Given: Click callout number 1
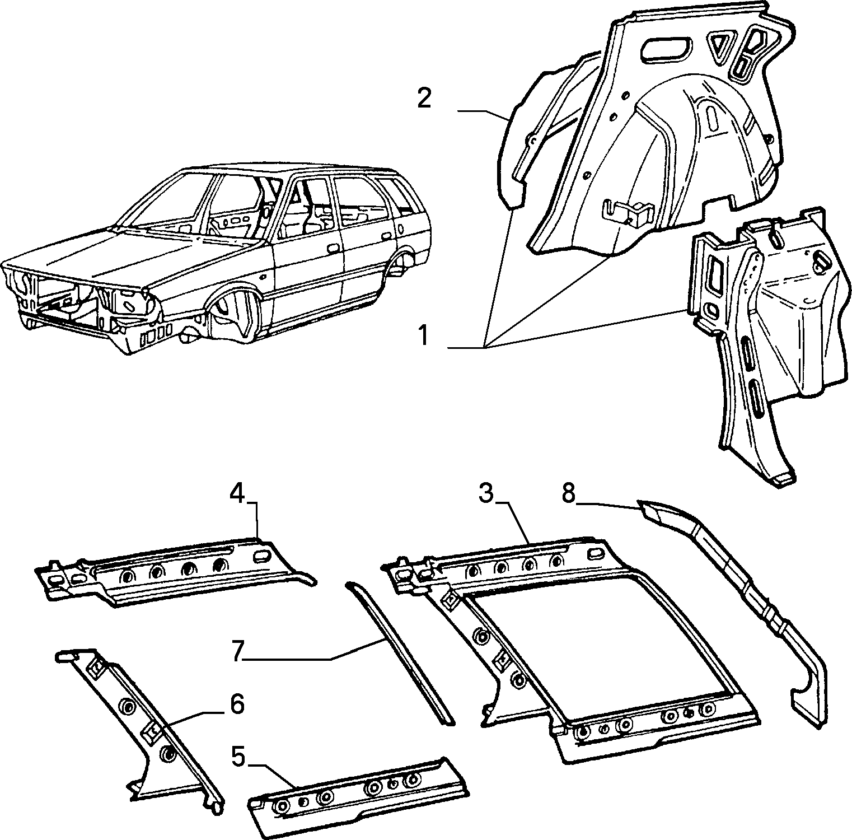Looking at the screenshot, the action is coord(424,337).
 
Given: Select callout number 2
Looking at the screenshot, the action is coord(424,99).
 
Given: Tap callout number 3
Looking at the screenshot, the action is coord(486,494).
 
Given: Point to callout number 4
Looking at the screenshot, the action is coord(238,494).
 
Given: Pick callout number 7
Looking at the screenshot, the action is coord(238,652).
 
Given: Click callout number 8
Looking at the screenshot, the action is coord(569,494).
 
